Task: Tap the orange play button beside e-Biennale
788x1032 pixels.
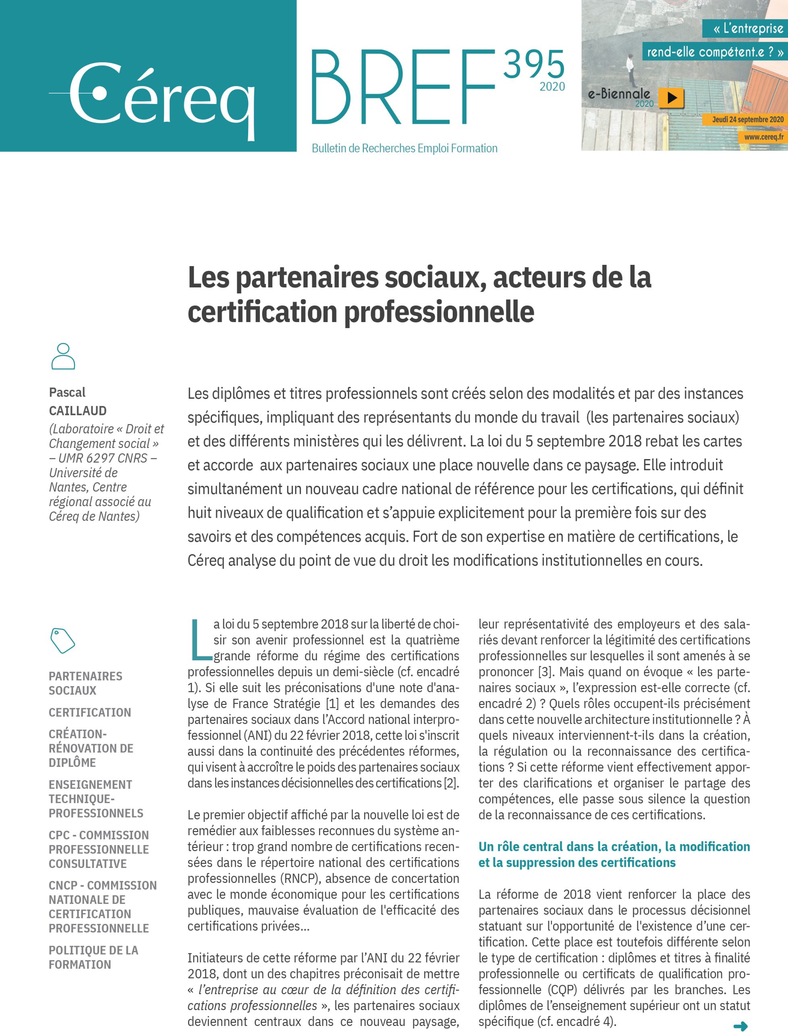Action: click(671, 98)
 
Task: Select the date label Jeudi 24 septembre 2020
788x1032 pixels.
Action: click(747, 120)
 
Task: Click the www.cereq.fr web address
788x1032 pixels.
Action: click(763, 137)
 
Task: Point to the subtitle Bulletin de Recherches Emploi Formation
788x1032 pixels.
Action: click(404, 149)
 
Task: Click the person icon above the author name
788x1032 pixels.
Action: click(63, 356)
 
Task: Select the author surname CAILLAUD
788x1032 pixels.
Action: click(78, 411)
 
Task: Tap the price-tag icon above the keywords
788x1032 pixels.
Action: click(62, 640)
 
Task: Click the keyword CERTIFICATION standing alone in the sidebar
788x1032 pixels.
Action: click(89, 712)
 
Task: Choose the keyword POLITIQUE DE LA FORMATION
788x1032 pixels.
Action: click(93, 957)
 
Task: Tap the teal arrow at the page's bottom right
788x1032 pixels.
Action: click(740, 1026)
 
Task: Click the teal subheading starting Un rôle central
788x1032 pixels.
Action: click(614, 855)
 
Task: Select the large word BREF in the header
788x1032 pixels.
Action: click(402, 88)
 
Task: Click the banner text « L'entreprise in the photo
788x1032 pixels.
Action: click(748, 29)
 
